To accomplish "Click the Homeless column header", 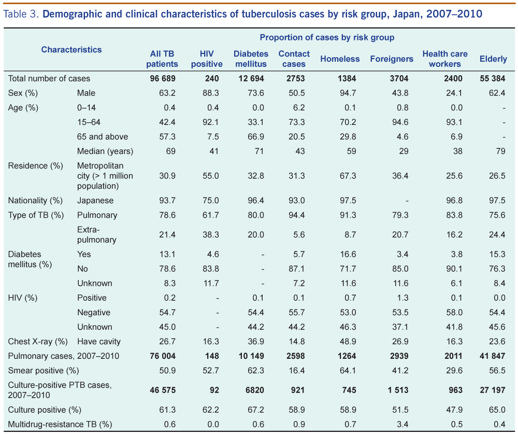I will click(x=340, y=59).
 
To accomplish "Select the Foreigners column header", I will click(x=392, y=59).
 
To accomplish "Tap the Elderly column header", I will click(x=493, y=59).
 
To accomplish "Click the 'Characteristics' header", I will click(x=71, y=50).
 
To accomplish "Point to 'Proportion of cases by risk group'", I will click(x=327, y=37).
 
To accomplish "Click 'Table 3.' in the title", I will click(x=21, y=13).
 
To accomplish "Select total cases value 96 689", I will click(x=163, y=79).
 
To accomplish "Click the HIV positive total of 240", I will click(x=212, y=79).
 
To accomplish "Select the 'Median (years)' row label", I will click(x=105, y=151).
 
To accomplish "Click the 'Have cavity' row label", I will click(x=99, y=341).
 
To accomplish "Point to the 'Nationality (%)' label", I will click(x=35, y=200).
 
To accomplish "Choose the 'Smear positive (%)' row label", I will click(x=43, y=370).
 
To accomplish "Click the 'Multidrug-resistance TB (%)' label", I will click(x=60, y=424).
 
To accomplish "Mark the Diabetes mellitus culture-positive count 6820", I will click(x=253, y=390).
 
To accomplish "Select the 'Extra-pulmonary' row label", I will click(x=97, y=234).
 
